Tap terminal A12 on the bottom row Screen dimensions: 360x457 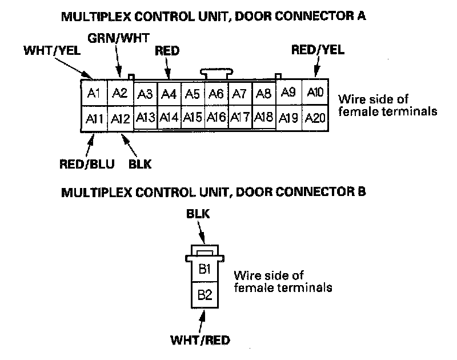click(121, 119)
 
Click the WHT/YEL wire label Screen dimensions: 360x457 click(51, 51)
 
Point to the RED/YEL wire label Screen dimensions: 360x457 click(318, 50)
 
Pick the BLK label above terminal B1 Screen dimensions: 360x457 click(199, 215)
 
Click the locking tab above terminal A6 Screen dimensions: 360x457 click(215, 73)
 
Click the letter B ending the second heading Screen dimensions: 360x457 click(361, 191)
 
